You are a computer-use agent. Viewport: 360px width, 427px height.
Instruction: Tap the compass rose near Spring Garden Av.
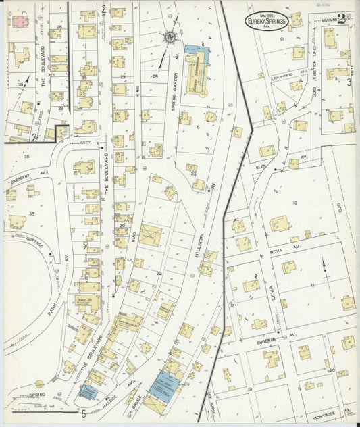pyautogui.click(x=170, y=36)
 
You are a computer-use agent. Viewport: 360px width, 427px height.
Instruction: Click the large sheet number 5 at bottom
pyautogui.click(x=83, y=413)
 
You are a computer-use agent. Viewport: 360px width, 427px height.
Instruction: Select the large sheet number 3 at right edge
pyautogui.click(x=349, y=83)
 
